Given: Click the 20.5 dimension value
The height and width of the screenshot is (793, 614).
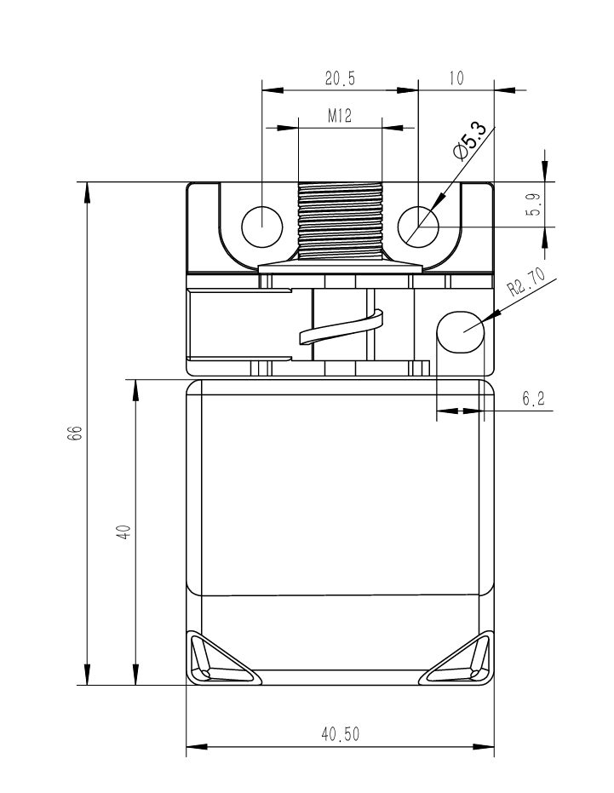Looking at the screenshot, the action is pos(340,78).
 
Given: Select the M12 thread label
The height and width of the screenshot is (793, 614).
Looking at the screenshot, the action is pos(340,116).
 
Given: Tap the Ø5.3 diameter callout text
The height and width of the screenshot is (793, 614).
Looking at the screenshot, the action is pos(470,141).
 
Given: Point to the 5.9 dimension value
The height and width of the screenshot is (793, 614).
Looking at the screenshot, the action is pos(535,204).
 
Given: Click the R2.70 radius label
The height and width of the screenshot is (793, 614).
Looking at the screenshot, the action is pos(527,282).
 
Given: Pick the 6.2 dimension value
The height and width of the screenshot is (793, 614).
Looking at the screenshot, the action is pos(534,399).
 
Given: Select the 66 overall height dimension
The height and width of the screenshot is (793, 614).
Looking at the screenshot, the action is pos(74,434).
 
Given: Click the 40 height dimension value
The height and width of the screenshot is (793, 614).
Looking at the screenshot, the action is pos(123,532).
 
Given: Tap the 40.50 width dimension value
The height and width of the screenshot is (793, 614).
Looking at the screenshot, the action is pos(341,734).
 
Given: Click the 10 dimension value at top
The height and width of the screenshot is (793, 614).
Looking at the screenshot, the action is pos(456,78).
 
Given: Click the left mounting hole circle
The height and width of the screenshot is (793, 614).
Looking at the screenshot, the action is pos(262,227).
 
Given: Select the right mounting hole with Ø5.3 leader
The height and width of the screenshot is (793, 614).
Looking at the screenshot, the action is pos(418,227).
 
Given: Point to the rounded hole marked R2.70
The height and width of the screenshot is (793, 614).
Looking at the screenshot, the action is pos(461,332).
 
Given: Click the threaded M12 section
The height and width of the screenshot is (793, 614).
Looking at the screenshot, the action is pos(340,221).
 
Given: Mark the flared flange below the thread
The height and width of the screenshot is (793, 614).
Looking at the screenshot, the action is pos(340,267).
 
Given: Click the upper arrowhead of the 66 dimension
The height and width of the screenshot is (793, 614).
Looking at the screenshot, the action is pos(88,193).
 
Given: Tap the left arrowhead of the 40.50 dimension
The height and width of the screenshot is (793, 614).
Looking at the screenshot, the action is pos(197,746).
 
